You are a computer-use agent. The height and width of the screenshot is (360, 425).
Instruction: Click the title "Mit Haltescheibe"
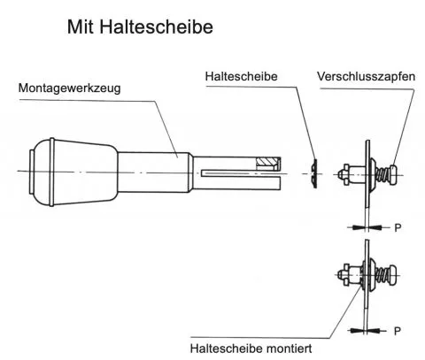point(140,27)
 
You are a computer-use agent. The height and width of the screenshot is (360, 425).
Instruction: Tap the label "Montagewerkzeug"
point(69,88)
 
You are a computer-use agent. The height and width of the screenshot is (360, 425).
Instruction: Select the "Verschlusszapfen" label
point(366,76)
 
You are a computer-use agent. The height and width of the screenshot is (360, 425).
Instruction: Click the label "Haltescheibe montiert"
point(251,349)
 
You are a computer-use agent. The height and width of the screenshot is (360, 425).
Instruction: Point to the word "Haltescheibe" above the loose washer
point(241,76)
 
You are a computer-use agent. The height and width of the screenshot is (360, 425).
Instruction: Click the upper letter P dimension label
point(398,227)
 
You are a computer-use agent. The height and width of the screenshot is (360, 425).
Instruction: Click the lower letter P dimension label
point(398,331)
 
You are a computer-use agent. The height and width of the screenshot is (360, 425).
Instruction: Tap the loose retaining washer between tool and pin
point(315,173)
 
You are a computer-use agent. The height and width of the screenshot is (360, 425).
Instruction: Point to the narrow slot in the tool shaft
point(241,173)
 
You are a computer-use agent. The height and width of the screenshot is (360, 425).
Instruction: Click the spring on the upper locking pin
point(383,174)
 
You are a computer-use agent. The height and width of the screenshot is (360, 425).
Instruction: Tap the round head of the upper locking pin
point(395,174)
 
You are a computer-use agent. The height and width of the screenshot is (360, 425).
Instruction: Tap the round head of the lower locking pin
point(394,275)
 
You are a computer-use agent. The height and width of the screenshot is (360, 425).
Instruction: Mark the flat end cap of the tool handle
point(32,172)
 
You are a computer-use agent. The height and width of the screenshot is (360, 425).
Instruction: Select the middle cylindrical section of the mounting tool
point(153,172)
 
